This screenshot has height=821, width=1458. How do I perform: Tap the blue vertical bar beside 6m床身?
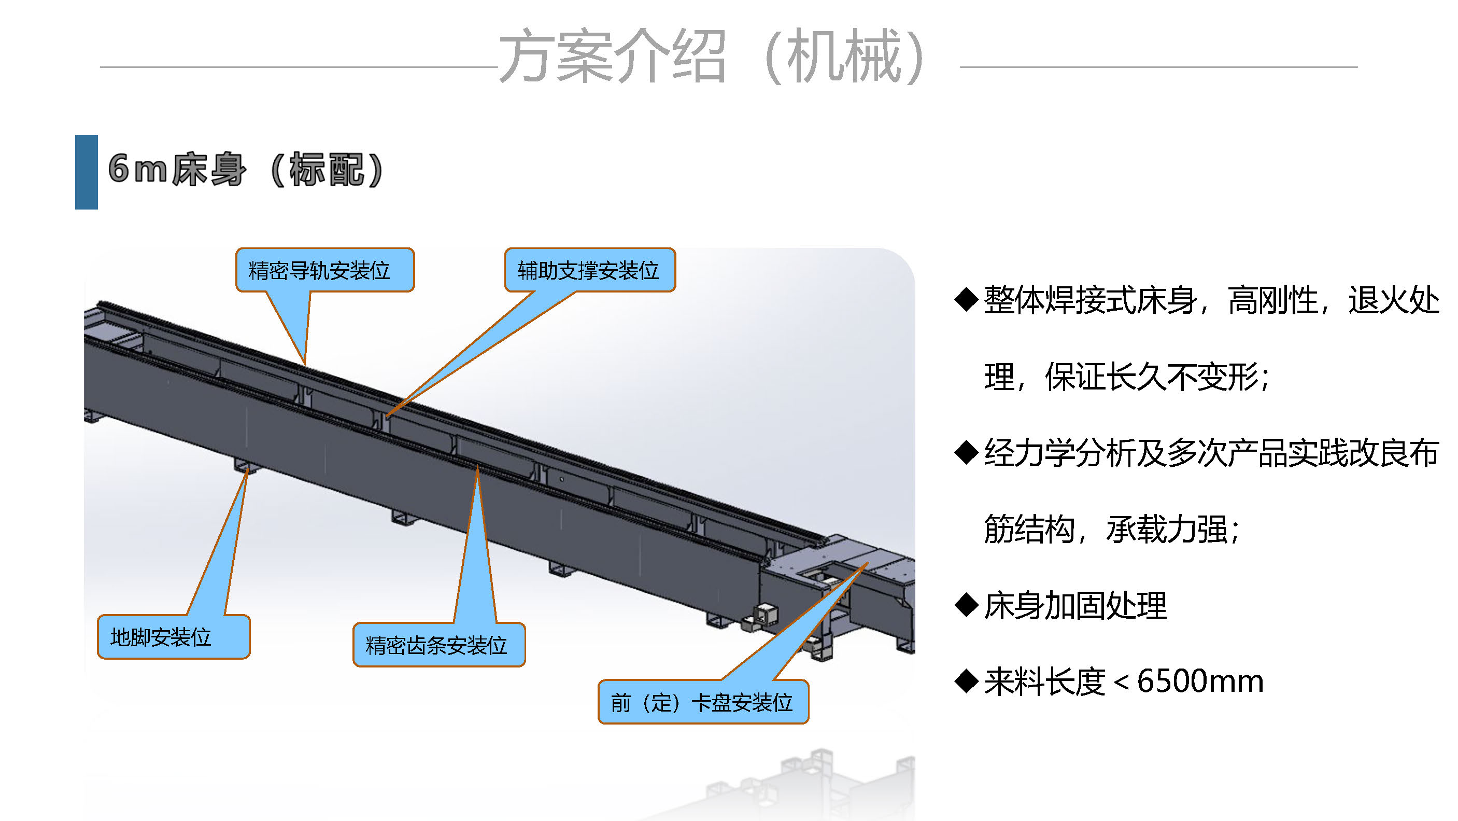[86, 172]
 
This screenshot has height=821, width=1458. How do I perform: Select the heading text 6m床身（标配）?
[247, 169]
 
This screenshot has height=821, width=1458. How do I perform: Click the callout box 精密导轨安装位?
[324, 270]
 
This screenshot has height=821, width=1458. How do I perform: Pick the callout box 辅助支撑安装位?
[589, 270]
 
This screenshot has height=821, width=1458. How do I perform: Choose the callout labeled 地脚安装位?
[173, 637]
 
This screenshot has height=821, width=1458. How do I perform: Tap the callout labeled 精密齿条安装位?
[438, 645]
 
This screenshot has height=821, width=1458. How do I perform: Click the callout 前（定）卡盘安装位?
[702, 703]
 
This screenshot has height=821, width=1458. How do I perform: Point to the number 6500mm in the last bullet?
[1200, 681]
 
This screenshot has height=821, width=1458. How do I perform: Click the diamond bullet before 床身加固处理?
[966, 605]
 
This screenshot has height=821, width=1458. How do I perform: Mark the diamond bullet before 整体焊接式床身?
[966, 300]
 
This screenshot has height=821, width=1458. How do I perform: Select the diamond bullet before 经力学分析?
[966, 452]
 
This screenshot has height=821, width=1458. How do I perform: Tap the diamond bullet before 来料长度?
[966, 681]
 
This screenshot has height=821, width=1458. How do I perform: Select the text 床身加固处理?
[1075, 605]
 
